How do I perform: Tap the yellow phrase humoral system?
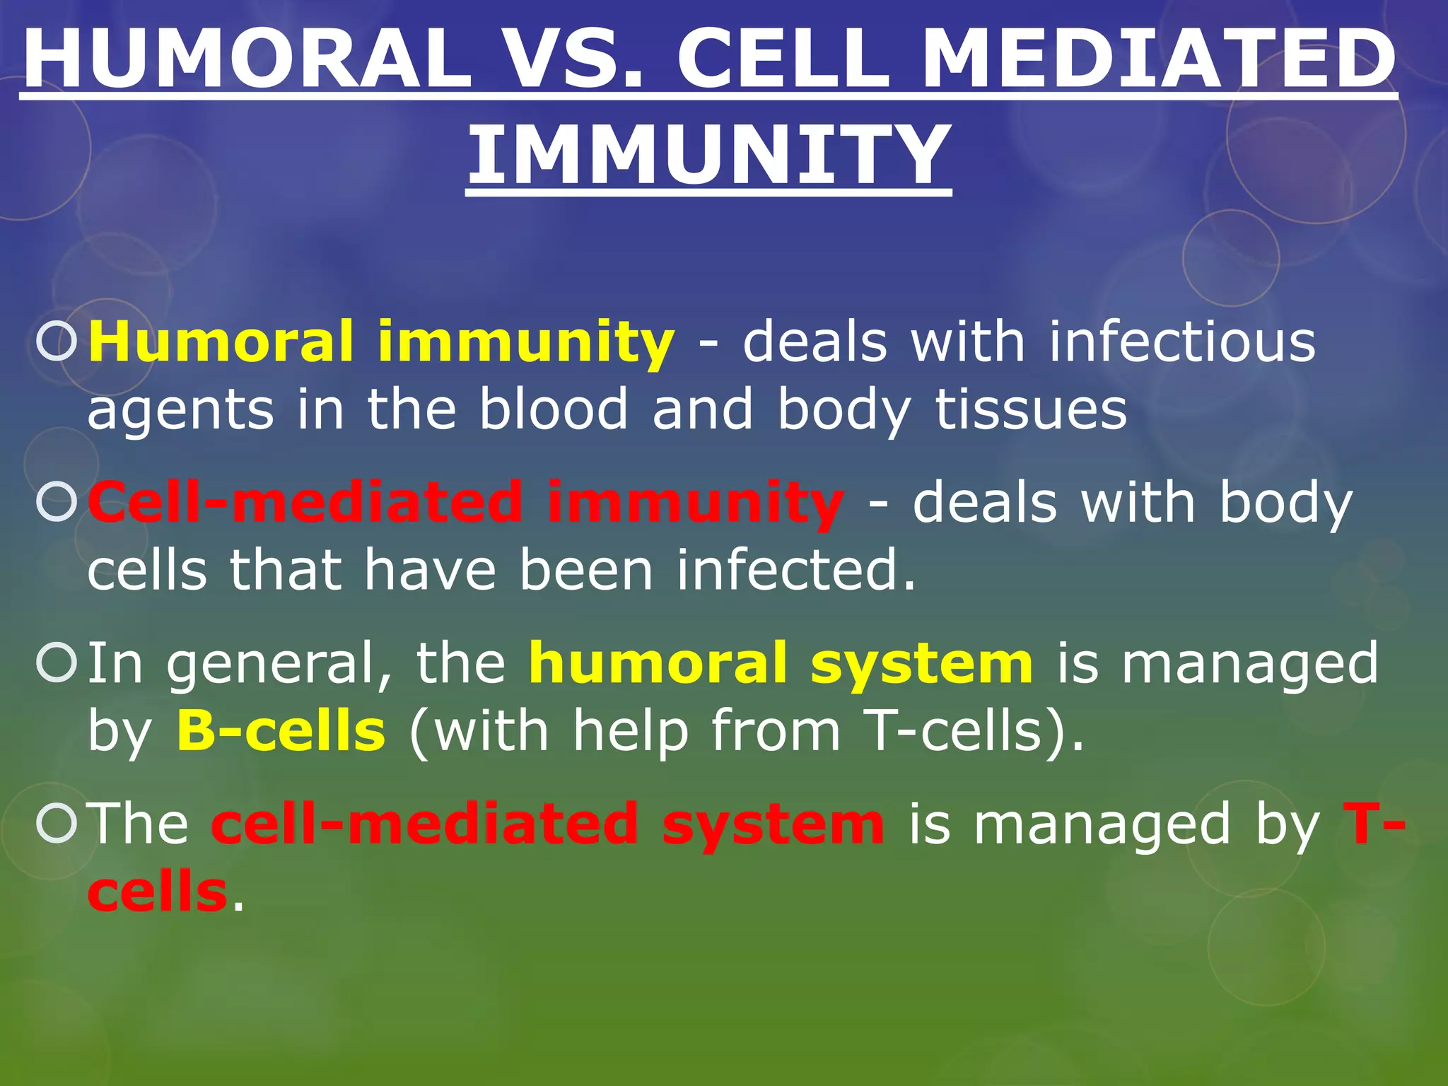tap(781, 663)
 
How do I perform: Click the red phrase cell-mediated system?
tap(547, 824)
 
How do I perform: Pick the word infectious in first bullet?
tap(1181, 342)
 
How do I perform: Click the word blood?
tap(554, 409)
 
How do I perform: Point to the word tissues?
tap(1030, 409)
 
